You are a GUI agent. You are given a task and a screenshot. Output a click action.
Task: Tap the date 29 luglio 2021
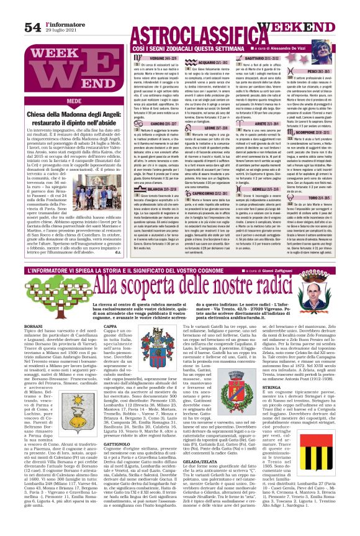click(60, 14)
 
